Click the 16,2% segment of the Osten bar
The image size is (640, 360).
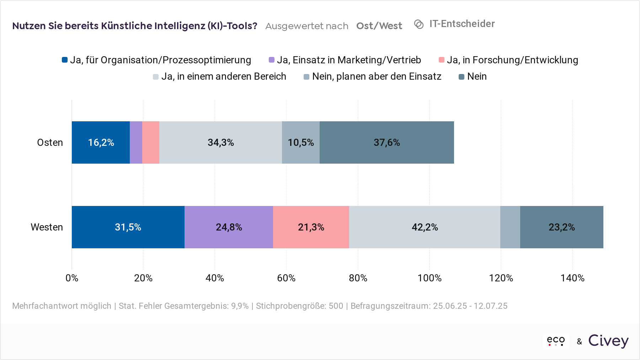click(x=101, y=142)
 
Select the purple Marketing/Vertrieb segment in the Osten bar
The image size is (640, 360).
click(x=136, y=142)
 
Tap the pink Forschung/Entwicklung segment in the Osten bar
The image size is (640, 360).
click(x=151, y=142)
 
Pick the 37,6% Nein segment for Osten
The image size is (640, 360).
click(x=386, y=142)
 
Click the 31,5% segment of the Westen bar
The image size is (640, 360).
click(x=128, y=227)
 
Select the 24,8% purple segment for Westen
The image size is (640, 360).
click(x=229, y=227)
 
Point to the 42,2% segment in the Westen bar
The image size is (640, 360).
click(x=425, y=227)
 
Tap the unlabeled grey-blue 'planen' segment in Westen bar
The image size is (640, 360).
click(x=510, y=227)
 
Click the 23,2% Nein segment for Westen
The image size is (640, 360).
click(x=561, y=227)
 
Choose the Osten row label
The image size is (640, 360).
click(x=50, y=142)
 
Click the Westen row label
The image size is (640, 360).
click(x=47, y=227)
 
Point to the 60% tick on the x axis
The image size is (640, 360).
click(x=286, y=278)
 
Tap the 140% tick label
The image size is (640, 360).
click(x=572, y=278)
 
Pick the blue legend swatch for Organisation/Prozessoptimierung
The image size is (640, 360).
click(x=65, y=60)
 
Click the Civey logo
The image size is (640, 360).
click(x=608, y=341)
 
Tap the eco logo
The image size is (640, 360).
click(x=556, y=341)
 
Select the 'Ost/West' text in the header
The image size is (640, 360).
click(x=379, y=26)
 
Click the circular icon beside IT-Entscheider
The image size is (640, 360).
click(x=419, y=24)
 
